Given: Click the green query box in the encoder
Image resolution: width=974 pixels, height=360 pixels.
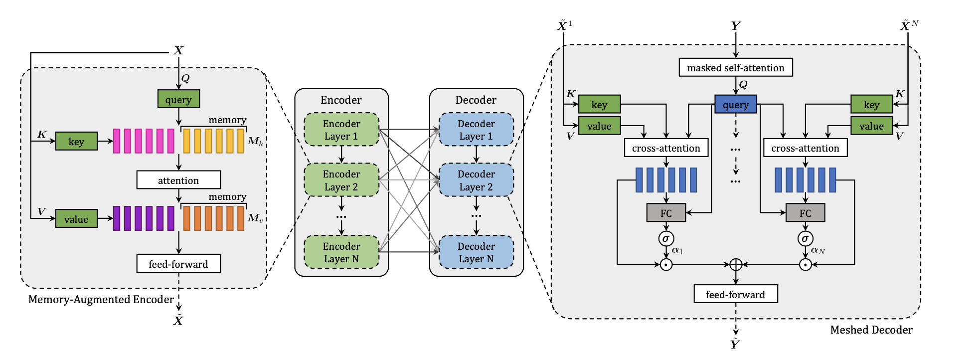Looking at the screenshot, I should tap(178, 99).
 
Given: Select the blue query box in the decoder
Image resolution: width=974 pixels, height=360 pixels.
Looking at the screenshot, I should tap(735, 105).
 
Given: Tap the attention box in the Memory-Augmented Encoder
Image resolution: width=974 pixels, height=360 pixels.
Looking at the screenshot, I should tap(178, 180).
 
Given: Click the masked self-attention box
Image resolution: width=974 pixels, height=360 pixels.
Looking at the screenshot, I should tap(735, 67).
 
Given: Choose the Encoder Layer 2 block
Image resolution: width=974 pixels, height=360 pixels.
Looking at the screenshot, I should tap(341, 180).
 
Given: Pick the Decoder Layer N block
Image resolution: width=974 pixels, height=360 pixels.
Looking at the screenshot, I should tap(476, 252).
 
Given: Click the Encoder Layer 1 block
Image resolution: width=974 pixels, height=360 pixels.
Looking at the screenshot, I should tap(341, 130).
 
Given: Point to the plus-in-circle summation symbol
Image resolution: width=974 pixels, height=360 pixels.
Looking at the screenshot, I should tap(736, 264).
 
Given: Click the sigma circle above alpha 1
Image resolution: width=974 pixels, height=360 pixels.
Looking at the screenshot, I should tap(666, 238).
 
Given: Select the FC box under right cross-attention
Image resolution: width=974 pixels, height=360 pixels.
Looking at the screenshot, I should tap(805, 213).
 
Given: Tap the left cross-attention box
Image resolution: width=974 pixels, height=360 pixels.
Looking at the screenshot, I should tap(666, 148).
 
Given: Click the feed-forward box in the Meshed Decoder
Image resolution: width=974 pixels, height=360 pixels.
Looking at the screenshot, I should tap(735, 294).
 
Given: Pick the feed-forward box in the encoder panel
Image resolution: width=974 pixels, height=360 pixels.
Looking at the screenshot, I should tap(178, 264).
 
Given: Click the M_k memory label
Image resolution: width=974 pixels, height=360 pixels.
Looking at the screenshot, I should tap(255, 141).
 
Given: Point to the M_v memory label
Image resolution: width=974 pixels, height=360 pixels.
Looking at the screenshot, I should tap(255, 218).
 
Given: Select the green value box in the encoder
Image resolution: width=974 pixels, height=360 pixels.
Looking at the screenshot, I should tap(76, 219).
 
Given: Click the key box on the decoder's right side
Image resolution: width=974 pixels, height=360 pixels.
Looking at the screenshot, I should tap(871, 105).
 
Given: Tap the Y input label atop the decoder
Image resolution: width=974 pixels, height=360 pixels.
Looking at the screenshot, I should tap(736, 26).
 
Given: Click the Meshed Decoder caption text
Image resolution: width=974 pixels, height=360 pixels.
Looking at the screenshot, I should tap(871, 330).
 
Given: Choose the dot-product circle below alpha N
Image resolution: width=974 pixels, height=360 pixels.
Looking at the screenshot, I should tap(805, 264).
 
